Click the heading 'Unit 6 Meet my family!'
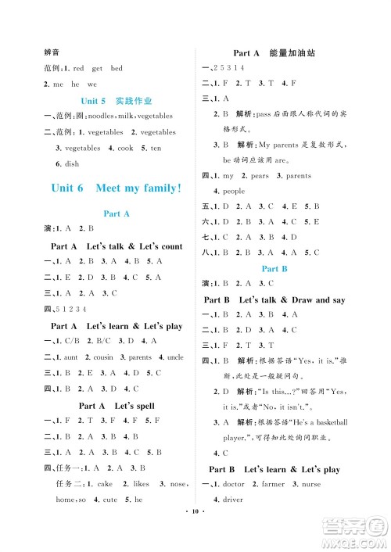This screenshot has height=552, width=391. tap(116, 188)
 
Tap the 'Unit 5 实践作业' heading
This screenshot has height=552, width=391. tap(116, 102)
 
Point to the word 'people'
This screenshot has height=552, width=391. tap(234, 191)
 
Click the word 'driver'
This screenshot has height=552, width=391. tap(233, 500)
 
